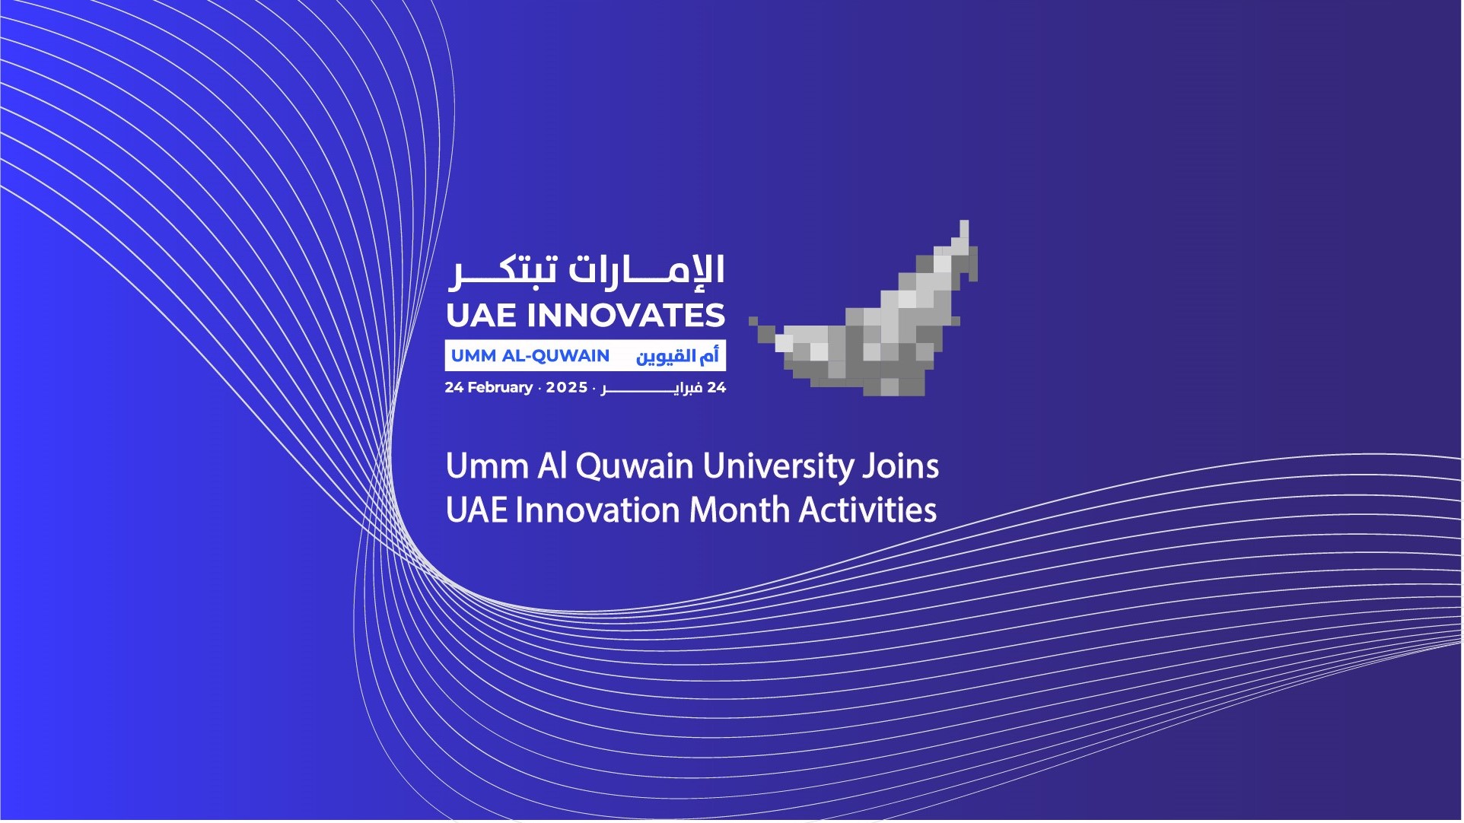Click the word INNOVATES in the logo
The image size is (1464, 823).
point(625,316)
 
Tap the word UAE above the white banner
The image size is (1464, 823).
point(482,316)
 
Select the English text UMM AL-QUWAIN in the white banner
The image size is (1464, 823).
point(530,356)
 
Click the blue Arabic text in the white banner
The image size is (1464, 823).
point(677,356)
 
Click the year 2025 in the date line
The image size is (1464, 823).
point(567,387)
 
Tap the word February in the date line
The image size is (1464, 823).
point(500,388)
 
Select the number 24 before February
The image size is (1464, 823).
point(454,387)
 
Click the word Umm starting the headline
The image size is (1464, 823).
point(487,466)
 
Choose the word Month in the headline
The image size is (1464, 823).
point(739,510)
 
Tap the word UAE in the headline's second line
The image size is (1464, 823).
point(476,510)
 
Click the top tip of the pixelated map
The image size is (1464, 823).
point(964,221)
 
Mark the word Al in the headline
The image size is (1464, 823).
point(552,466)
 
